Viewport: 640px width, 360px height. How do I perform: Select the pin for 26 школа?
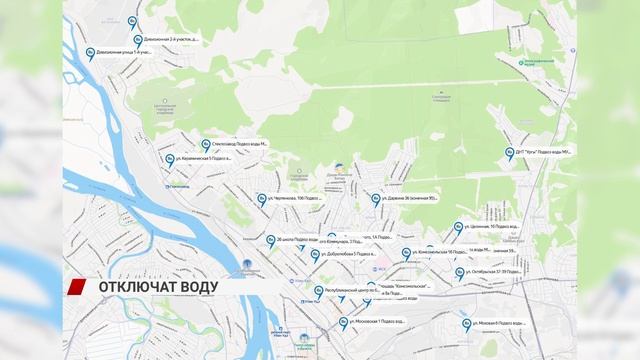tap(270, 240)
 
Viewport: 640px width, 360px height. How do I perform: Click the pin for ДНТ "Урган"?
tap(508, 152)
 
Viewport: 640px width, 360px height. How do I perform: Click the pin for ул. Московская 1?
tap(344, 322)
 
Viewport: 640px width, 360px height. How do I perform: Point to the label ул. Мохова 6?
tap(500, 323)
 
